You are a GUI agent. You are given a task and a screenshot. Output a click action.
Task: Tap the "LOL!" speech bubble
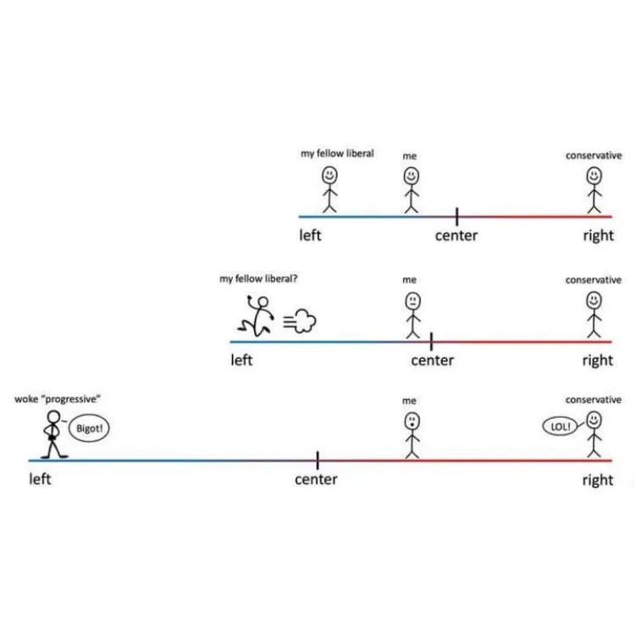[560, 427]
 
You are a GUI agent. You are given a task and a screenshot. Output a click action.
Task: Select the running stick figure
[257, 315]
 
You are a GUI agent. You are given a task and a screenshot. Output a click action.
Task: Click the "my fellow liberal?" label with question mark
[258, 278]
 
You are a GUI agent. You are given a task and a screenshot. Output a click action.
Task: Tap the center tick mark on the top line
[456, 216]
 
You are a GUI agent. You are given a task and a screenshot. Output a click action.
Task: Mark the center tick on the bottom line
[317, 460]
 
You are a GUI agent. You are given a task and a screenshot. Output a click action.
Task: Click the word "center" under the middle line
[432, 360]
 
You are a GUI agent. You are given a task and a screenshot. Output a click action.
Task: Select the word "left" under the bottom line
[40, 480]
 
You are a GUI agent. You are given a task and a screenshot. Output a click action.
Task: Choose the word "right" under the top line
[597, 235]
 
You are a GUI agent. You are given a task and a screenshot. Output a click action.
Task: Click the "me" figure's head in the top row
[411, 176]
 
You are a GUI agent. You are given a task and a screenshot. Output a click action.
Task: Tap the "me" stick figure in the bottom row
[411, 435]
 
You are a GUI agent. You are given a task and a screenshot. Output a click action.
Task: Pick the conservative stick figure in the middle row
[594, 314]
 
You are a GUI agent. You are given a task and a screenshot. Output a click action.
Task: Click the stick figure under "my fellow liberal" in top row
[329, 189]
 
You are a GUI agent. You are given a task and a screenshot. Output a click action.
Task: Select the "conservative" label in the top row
[594, 156]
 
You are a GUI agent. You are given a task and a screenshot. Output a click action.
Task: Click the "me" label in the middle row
[410, 280]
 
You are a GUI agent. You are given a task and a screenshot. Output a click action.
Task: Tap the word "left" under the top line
[310, 235]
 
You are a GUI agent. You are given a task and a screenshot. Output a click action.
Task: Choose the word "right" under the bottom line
[597, 480]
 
